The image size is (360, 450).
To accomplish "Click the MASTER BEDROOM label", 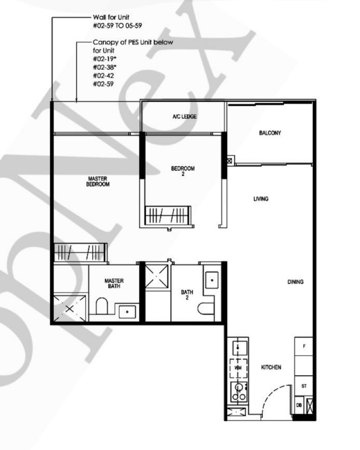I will [x=99, y=181].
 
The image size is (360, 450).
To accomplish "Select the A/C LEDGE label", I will [x=184, y=117].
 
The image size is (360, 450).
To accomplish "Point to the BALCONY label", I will [x=270, y=133].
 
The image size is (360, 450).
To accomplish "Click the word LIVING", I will [x=261, y=198].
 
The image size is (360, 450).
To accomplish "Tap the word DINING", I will [x=295, y=282].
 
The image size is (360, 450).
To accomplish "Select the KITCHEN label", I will [x=271, y=367].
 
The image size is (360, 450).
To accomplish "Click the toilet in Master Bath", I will [x=102, y=306].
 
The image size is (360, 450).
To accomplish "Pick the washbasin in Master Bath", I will [x=127, y=311].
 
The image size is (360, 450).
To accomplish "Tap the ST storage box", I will [x=304, y=387].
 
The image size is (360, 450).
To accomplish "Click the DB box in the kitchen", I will [x=299, y=405].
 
